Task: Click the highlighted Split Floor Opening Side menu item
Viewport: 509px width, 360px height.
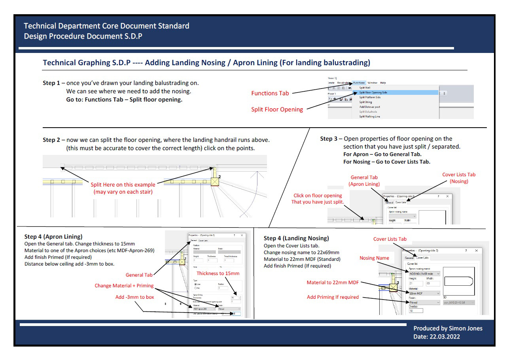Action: pyautogui.click(x=373, y=92)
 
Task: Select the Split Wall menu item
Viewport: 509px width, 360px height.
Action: pyautogui.click(x=365, y=88)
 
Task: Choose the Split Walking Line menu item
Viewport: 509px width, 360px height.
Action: pyautogui.click(x=369, y=116)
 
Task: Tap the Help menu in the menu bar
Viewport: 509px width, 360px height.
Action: pyautogui.click(x=383, y=83)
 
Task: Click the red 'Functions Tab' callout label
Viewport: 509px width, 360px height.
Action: pyautogui.click(x=270, y=93)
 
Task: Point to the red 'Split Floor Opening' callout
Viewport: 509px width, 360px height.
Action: pyautogui.click(x=277, y=109)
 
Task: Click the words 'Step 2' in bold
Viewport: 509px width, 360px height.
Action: pyautogui.click(x=51, y=140)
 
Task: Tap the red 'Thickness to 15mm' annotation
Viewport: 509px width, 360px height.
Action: pyautogui.click(x=218, y=273)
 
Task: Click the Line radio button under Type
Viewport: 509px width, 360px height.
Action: pyautogui.click(x=195, y=284)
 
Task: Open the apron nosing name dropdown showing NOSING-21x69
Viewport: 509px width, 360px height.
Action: pyautogui.click(x=424, y=273)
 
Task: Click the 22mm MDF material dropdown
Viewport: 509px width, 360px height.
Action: pyautogui.click(x=424, y=293)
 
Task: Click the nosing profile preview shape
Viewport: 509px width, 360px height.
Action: pyautogui.click(x=458, y=281)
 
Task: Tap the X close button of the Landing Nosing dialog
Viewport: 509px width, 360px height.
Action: pyautogui.click(x=476, y=251)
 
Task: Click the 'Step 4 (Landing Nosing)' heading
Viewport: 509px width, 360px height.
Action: pyautogui.click(x=296, y=238)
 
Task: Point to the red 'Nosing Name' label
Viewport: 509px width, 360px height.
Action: pyautogui.click(x=374, y=258)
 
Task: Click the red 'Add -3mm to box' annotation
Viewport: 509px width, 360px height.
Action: pyautogui.click(x=134, y=297)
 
